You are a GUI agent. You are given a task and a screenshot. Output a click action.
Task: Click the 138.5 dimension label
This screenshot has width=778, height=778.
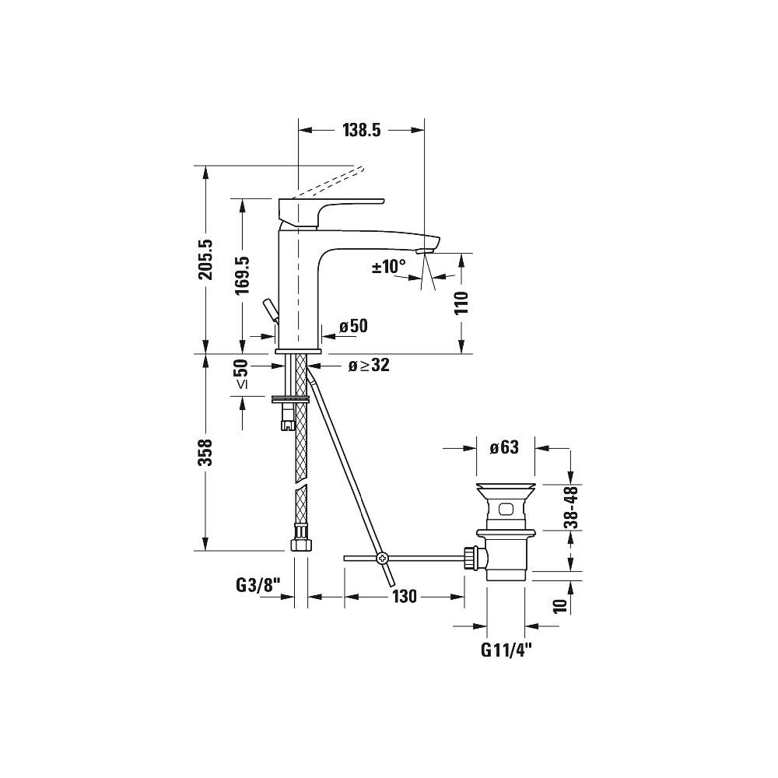click(x=361, y=130)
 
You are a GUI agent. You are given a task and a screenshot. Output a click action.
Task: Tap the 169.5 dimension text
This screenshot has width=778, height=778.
click(x=242, y=275)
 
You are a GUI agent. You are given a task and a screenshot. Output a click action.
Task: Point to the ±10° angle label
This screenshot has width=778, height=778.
click(x=389, y=266)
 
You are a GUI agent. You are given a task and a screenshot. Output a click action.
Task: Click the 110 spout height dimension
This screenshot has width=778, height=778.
click(x=461, y=303)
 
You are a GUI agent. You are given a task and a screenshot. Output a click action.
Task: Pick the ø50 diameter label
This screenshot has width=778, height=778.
click(x=353, y=326)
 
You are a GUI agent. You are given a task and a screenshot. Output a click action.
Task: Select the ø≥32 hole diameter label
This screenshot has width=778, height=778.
click(x=369, y=365)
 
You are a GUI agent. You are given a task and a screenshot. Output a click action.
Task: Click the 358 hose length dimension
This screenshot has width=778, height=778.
click(x=205, y=451)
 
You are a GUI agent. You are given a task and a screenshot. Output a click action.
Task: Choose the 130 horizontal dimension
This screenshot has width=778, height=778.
click(x=405, y=597)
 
